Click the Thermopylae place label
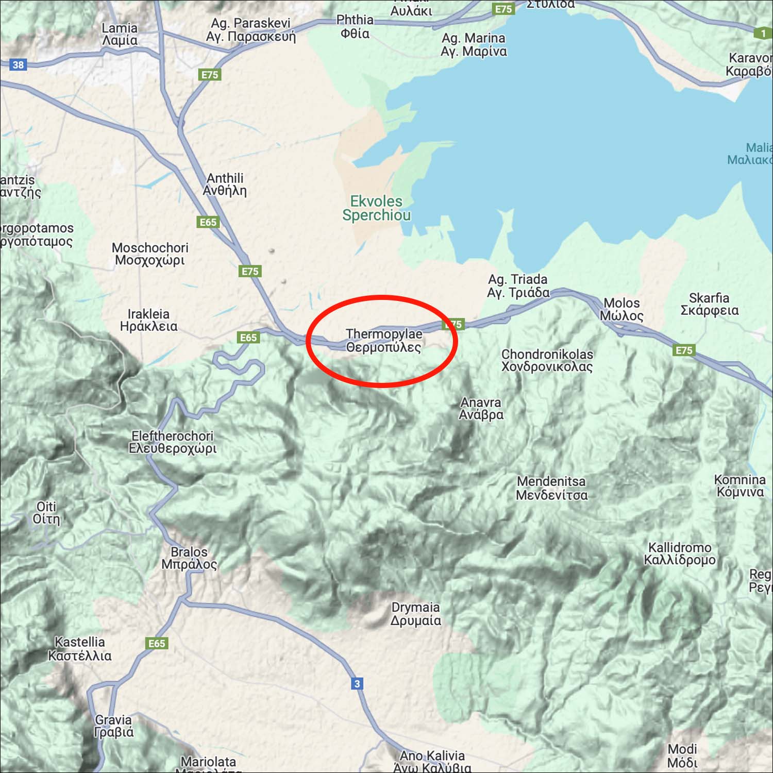[x=384, y=341]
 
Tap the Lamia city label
[x=120, y=35]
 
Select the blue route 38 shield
[x=18, y=65]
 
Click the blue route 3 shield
[x=357, y=684]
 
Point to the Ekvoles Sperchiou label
[x=376, y=208]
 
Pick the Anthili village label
[x=225, y=184]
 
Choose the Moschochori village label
[x=150, y=254]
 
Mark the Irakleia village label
[x=148, y=320]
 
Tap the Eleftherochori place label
[x=173, y=442]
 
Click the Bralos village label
[x=189, y=558]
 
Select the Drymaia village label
[x=415, y=614]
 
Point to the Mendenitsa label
[x=551, y=488]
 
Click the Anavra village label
[x=481, y=408]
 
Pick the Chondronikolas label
[x=547, y=360]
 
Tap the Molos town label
[x=621, y=309]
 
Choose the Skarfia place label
[x=709, y=304]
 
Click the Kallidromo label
[x=680, y=553]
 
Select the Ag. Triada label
[x=518, y=286]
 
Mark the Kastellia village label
[x=80, y=649]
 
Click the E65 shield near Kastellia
[x=157, y=643]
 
